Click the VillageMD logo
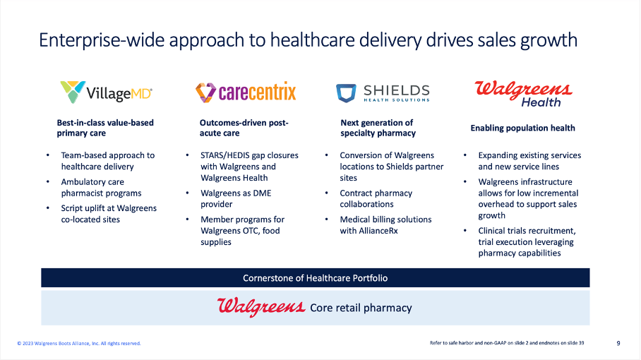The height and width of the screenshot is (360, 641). coord(106,92)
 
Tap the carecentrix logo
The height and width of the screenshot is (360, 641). coord(246,92)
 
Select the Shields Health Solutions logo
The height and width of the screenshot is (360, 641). coord(383,92)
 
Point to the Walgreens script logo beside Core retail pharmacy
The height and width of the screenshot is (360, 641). coord(261,307)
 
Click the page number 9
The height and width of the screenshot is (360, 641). coord(618,344)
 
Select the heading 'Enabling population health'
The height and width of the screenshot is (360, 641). coord(522,128)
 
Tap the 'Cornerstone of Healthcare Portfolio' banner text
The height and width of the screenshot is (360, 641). coord(315,278)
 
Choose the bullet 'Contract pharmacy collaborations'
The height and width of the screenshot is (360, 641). coord(376,198)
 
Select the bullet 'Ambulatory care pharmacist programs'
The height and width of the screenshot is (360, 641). coord(101,187)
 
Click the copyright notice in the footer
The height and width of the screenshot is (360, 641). coord(79,344)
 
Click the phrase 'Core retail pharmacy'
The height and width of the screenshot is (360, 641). coord(361,308)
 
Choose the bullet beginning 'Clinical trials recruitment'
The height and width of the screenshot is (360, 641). coord(525,241)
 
